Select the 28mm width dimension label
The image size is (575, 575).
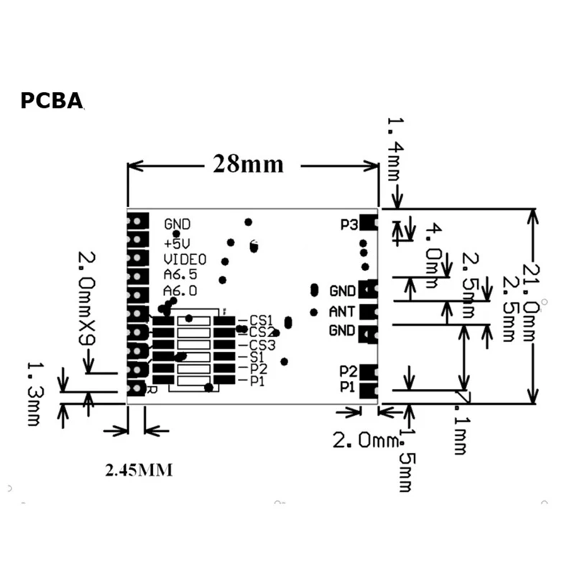click(x=248, y=165)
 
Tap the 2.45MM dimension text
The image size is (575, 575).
click(x=139, y=471)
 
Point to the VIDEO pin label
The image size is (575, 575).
click(x=185, y=259)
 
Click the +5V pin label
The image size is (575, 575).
click(x=177, y=241)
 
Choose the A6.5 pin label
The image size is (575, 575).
click(x=180, y=275)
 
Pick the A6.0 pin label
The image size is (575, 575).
click(x=180, y=290)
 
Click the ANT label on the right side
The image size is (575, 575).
click(x=342, y=312)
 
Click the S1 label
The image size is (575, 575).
click(x=257, y=356)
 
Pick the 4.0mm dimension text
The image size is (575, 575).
click(x=435, y=256)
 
